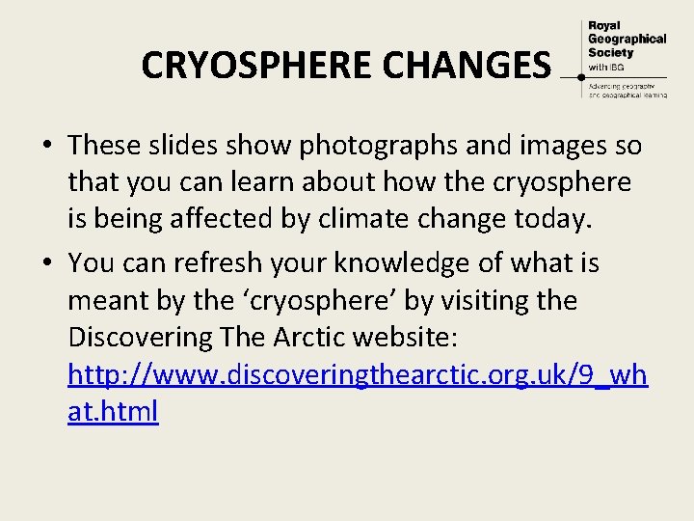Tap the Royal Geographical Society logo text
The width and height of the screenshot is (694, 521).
tap(626, 39)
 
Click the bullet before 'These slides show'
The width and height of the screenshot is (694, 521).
tap(46, 147)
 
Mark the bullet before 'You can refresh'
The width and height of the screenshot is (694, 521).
tap(46, 263)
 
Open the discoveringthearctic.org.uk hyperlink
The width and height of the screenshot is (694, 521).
tap(357, 374)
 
